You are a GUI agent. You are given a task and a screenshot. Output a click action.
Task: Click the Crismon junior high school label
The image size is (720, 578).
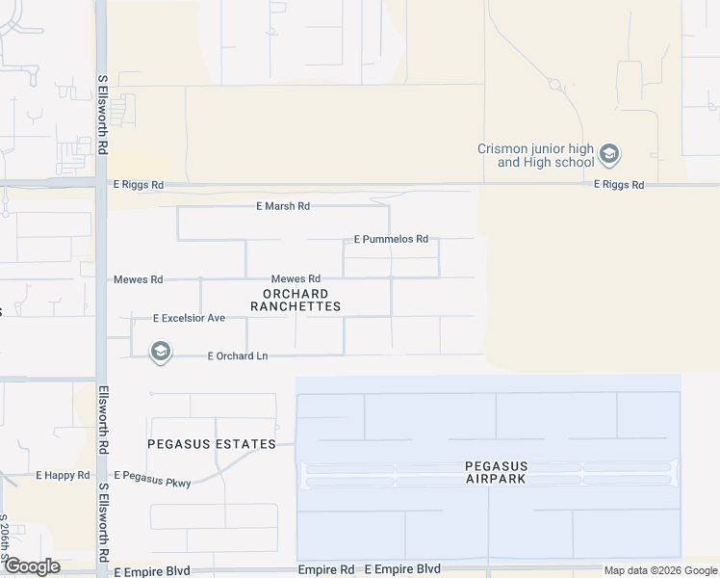pyautogui.click(x=536, y=155)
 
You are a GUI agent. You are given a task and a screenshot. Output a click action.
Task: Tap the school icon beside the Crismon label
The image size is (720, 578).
pyautogui.click(x=608, y=154)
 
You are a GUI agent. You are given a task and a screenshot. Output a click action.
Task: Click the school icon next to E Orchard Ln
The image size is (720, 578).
pyautogui.click(x=161, y=354)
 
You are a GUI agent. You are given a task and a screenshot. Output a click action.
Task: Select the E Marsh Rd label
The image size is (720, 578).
pyautogui.click(x=283, y=206)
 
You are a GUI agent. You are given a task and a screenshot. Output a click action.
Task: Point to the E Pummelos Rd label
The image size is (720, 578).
pyautogui.click(x=391, y=239)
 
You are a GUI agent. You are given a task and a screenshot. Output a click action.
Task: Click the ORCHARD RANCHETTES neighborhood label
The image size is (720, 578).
pyautogui.click(x=296, y=300)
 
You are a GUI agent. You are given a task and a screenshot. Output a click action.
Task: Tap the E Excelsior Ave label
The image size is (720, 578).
pyautogui.click(x=189, y=318)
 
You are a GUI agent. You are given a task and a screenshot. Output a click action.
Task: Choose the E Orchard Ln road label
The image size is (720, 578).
pyautogui.click(x=238, y=356)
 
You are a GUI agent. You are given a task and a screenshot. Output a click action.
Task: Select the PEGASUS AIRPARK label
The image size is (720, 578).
pyautogui.click(x=497, y=472)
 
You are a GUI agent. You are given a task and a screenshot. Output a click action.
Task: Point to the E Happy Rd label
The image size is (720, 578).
pyautogui.click(x=63, y=476)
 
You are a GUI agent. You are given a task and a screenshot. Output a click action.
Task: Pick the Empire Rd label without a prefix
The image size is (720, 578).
pyautogui.click(x=326, y=570)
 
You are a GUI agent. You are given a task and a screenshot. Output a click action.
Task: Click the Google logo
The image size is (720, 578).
pyautogui.click(x=31, y=566)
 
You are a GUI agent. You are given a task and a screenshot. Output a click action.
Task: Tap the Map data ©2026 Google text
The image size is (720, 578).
pyautogui.click(x=659, y=570)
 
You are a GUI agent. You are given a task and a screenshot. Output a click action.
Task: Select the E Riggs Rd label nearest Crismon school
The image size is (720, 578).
pyautogui.click(x=619, y=184)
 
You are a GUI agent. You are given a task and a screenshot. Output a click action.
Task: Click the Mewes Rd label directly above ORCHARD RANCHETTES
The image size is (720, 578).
pyautogui.click(x=295, y=279)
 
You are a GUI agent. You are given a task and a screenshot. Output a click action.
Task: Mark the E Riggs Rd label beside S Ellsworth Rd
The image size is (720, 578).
pyautogui.click(x=139, y=184)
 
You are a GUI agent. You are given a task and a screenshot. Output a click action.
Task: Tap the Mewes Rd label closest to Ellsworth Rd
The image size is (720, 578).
pyautogui.click(x=138, y=279)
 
